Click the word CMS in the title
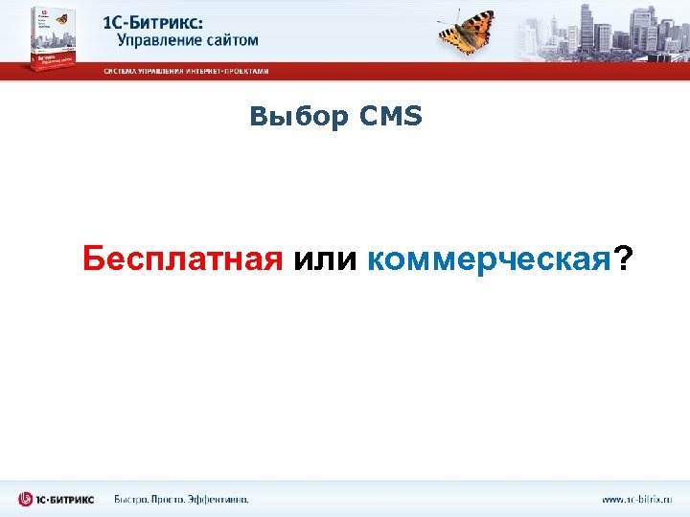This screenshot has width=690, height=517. [391, 118]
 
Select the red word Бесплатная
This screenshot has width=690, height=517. [182, 258]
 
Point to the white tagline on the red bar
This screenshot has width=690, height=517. [187, 71]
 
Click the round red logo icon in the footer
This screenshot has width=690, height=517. [26, 499]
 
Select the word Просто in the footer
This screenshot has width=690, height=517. [177, 499]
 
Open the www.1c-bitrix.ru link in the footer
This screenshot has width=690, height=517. [637, 499]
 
